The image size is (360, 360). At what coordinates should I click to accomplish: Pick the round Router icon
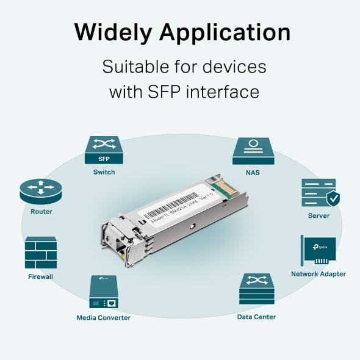pos(41,191)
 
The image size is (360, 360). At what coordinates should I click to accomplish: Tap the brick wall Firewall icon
pos(41,253)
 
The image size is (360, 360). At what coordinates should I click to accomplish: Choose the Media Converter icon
pos(103,292)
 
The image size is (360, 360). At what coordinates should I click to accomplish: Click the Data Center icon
pos(256,289)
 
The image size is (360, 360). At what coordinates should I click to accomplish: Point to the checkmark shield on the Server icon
pos(333,198)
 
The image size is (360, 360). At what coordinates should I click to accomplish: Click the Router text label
pos(41,212)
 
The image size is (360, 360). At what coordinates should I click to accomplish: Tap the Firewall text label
pos(41,276)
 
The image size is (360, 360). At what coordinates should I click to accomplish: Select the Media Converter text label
pos(103,317)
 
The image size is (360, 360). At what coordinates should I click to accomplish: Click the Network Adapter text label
pos(318,274)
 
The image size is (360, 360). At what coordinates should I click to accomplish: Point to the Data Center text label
pos(256,317)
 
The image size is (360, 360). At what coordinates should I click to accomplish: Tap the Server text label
pos(319,215)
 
